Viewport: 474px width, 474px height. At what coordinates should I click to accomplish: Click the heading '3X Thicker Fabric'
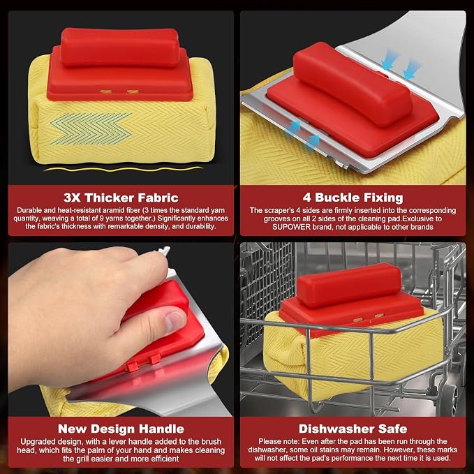tap(121, 198)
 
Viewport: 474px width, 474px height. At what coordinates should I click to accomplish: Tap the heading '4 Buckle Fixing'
tap(353, 198)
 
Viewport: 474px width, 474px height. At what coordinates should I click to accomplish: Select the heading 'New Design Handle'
tap(121, 429)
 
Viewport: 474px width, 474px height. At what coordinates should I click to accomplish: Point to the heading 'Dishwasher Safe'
tap(353, 429)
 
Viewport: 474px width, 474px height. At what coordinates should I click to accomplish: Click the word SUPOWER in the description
tap(291, 227)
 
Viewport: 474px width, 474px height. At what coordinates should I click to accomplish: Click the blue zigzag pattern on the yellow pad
tap(91, 128)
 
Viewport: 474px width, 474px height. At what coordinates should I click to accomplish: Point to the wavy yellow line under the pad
tap(124, 169)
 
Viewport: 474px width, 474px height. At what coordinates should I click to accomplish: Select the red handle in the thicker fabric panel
tap(120, 47)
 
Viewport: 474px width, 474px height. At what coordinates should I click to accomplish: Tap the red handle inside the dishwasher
tap(348, 285)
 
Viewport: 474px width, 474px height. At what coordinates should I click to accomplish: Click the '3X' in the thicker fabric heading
tap(72, 198)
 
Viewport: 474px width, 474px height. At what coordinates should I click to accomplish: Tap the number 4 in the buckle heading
tap(307, 198)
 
